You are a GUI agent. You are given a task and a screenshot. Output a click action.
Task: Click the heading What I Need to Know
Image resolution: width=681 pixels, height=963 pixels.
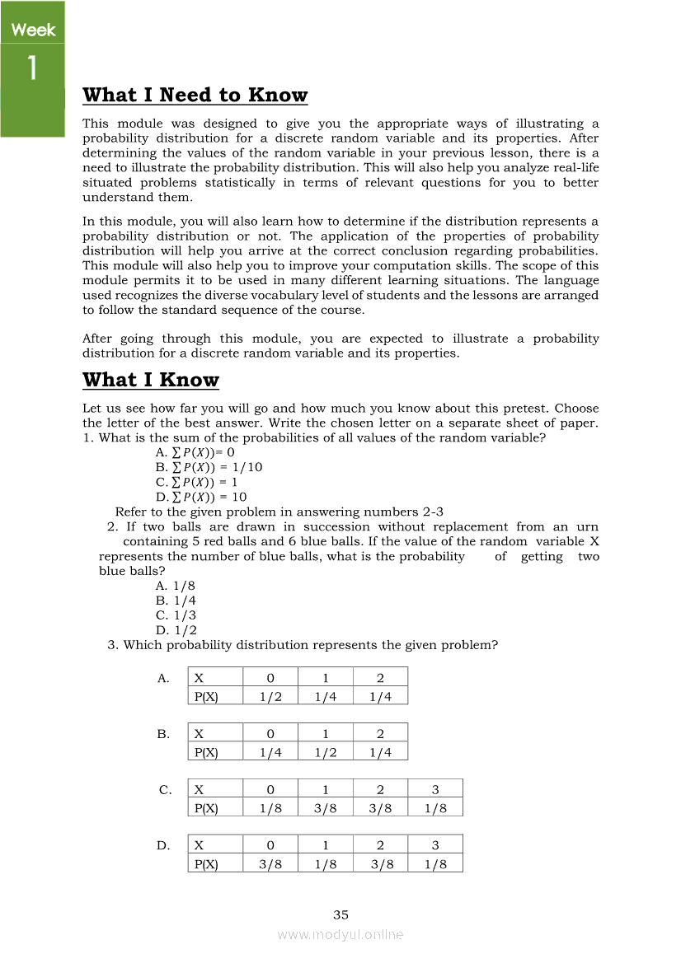pos(195,96)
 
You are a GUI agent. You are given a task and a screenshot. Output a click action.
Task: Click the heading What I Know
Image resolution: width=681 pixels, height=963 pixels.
pos(151,380)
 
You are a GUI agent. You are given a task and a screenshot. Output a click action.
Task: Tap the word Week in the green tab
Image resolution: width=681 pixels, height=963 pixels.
pos(33,30)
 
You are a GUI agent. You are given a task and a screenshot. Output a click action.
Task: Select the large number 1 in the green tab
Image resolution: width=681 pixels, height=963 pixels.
pos(32,68)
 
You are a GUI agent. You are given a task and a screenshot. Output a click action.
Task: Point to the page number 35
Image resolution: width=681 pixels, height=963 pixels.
pos(340,914)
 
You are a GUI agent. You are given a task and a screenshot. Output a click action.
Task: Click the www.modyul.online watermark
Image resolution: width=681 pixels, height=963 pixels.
pos(340,934)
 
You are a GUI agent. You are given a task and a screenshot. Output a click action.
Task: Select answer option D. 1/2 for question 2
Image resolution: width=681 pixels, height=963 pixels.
pos(176,630)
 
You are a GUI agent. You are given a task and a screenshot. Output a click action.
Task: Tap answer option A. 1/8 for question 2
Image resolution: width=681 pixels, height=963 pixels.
pos(176,586)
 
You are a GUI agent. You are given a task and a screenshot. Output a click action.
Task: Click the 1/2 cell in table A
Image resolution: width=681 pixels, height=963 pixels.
pos(270,696)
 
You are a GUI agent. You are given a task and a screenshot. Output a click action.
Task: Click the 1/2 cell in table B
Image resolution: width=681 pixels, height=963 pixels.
pos(326,752)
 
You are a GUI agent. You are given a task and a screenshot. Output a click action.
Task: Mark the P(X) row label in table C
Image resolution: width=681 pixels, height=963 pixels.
pos(205,808)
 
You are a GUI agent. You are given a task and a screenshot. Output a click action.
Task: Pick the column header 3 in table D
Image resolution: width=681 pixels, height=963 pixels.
pos(435,844)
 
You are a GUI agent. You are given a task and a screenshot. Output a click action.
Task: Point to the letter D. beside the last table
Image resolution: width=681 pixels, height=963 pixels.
pos(164,845)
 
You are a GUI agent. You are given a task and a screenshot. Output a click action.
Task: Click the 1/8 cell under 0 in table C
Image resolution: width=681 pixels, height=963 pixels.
pos(270,808)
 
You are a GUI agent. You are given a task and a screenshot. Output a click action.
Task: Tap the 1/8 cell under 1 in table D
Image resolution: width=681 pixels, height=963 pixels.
pos(326,863)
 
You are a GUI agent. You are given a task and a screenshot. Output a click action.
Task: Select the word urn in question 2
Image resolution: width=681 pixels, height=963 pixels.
pos(587,526)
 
